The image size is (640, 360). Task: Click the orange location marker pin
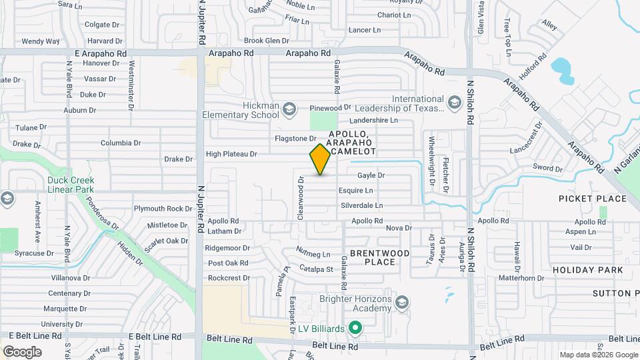(320, 159)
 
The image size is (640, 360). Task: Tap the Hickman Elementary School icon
(289, 108)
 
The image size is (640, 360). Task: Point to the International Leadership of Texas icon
(454, 102)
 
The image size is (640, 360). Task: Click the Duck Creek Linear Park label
(71, 185)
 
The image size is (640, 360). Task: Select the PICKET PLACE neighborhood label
(593, 199)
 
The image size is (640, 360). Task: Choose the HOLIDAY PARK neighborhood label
(588, 270)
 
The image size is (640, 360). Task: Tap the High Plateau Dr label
(231, 154)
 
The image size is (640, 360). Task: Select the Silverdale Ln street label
(362, 205)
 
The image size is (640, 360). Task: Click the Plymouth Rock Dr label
(163, 209)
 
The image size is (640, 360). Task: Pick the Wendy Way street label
(41, 41)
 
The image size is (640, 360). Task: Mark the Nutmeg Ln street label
(313, 254)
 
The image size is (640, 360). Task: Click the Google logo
(22, 351)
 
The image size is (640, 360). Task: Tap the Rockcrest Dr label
(229, 278)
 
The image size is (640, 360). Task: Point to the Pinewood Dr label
(330, 107)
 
